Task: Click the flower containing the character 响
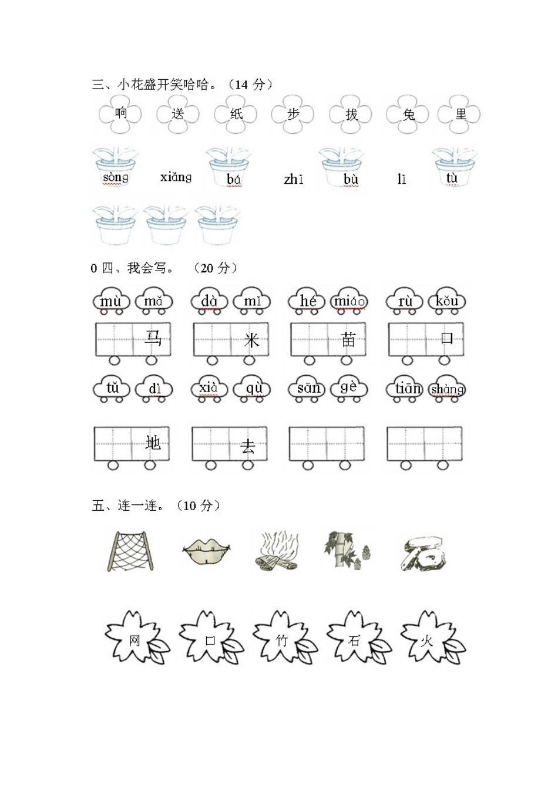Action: click(x=120, y=114)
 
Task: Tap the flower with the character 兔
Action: click(x=408, y=114)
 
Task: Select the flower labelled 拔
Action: click(x=351, y=114)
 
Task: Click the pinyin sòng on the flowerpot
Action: click(x=115, y=177)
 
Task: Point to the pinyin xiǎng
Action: click(x=176, y=177)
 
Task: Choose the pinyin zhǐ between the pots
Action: click(x=293, y=179)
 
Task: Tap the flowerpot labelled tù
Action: click(x=455, y=167)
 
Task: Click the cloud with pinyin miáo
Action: click(x=349, y=301)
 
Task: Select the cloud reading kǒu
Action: click(x=446, y=301)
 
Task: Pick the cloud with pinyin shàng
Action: click(x=448, y=389)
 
